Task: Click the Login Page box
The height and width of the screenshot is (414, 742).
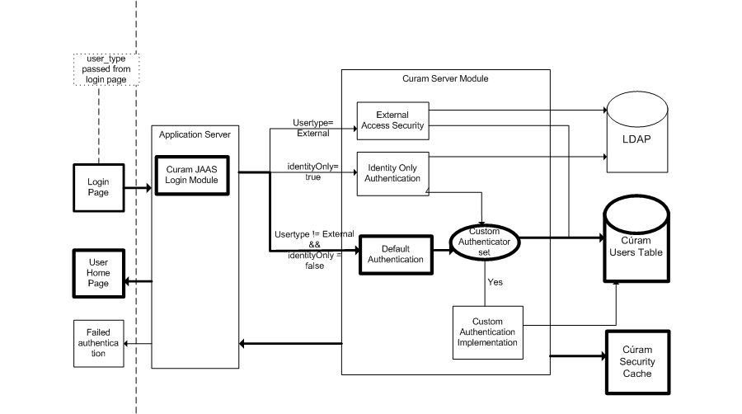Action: [98, 186]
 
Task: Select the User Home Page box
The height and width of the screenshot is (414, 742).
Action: [98, 272]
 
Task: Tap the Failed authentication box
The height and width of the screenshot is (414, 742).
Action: [98, 342]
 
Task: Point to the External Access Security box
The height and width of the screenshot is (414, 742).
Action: [392, 120]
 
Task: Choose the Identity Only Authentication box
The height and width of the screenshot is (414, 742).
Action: [392, 173]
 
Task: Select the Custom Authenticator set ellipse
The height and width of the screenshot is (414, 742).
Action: [485, 242]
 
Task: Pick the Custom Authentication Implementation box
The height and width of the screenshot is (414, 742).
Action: [488, 332]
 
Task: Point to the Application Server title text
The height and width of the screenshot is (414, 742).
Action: [195, 134]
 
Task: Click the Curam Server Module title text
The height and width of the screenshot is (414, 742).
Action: [445, 78]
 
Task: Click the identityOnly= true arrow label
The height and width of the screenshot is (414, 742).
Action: [308, 172]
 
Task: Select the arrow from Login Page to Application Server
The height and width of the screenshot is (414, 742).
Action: [137, 187]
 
